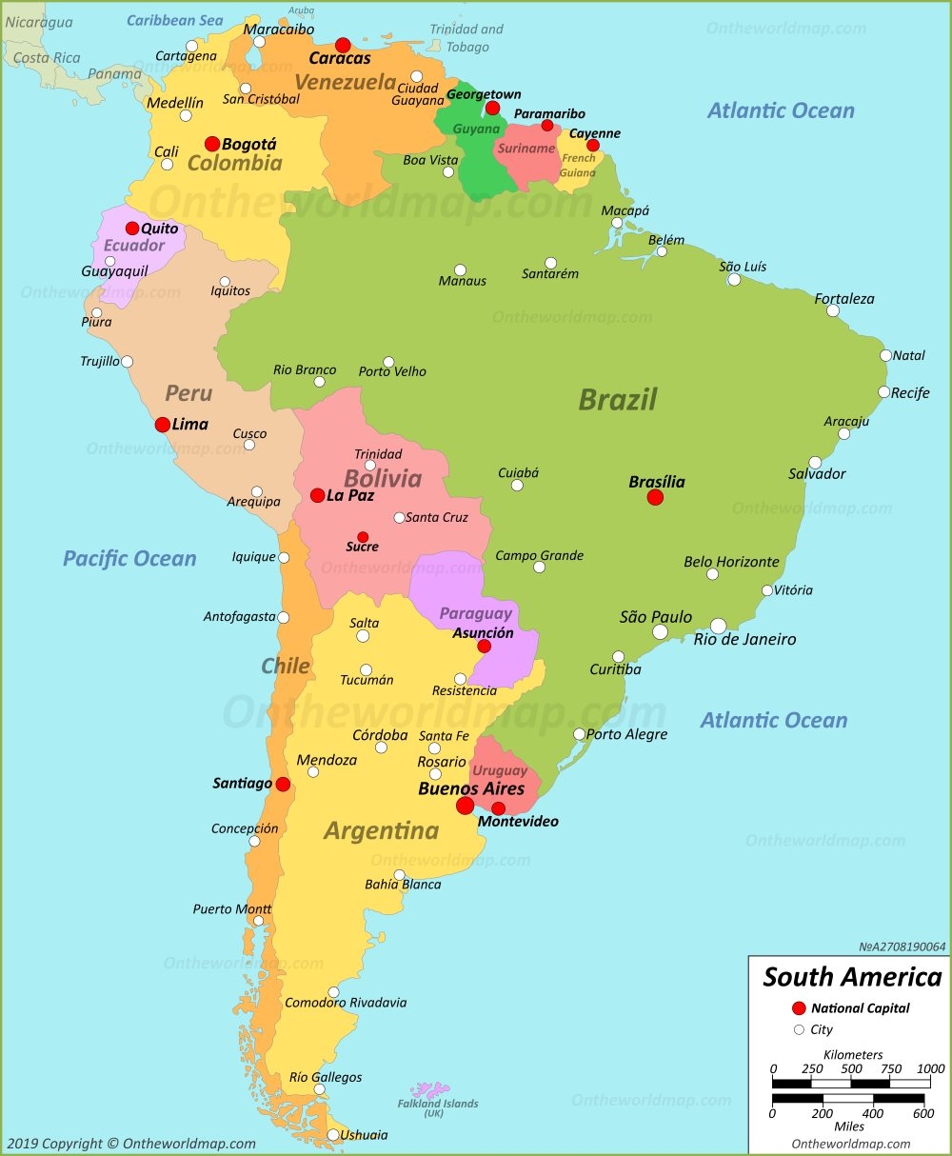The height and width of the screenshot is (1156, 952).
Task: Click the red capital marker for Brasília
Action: tap(655, 497)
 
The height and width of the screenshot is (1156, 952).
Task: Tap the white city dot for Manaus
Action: tap(460, 270)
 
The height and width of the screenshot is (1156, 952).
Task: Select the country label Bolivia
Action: tap(383, 478)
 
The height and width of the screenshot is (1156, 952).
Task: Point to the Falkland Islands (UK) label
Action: tap(438, 1108)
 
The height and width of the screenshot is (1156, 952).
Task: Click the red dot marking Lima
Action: tap(163, 425)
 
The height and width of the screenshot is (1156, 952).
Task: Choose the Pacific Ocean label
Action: tap(129, 559)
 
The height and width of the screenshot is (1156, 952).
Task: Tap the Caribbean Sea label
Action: tap(175, 20)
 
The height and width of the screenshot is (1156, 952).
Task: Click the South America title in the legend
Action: tap(852, 977)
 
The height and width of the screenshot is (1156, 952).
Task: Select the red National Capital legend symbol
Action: tap(799, 1008)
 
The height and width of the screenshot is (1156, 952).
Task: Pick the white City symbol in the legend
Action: tap(799, 1029)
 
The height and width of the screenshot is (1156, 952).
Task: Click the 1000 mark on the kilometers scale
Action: tap(930, 1069)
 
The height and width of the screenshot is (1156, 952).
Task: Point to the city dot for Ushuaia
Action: tap(333, 1135)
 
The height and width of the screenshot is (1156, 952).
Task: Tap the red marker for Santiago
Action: tap(283, 784)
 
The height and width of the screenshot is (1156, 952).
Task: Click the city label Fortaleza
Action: tap(843, 299)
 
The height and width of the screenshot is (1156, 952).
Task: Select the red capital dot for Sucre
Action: tap(363, 537)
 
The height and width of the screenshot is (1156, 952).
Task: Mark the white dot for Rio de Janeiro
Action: tap(718, 626)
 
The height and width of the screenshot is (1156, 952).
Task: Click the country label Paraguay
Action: tap(475, 614)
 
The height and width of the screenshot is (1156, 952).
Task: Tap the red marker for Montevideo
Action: tap(498, 808)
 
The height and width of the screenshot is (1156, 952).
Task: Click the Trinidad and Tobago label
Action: tap(466, 38)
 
